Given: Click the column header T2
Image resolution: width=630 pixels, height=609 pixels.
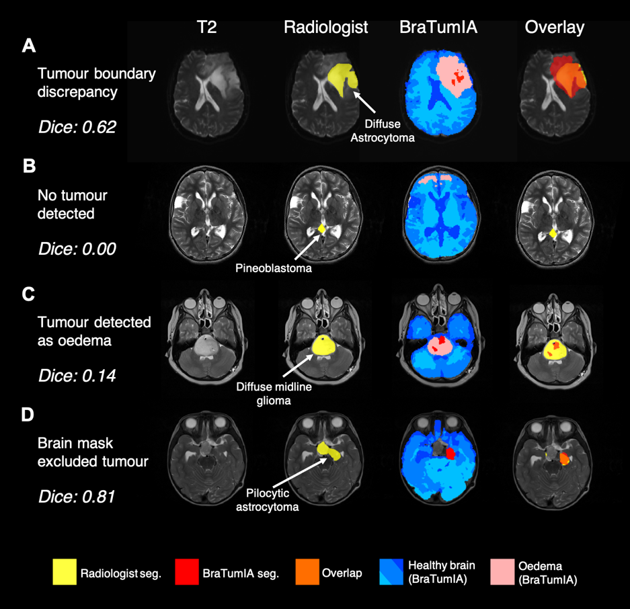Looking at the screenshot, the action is [207, 27].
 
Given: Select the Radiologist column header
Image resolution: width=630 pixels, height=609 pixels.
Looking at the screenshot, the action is [326, 27].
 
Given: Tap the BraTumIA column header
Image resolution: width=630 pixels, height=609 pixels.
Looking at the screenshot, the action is [438, 27].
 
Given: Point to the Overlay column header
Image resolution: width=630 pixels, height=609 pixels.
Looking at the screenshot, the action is [555, 27].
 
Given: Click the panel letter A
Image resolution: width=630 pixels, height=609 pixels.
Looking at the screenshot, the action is [29, 46].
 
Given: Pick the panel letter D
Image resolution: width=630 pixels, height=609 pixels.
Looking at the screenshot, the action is [28, 415].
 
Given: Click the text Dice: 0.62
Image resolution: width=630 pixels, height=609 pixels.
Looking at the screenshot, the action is [77, 126].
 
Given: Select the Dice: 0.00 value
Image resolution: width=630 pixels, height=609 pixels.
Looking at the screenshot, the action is [77, 249].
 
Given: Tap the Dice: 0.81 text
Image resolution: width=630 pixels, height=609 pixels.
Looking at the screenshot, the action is [77, 497].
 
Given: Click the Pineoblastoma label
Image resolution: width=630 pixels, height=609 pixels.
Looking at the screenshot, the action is [273, 268].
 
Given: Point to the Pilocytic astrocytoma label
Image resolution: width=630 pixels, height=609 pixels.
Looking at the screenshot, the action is [268, 500].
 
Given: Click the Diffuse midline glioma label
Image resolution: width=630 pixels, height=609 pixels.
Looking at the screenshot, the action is [274, 393].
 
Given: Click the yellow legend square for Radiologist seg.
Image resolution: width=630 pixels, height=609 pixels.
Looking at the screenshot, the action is [65, 572].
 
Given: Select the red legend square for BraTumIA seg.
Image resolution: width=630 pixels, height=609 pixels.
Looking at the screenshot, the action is [186, 572].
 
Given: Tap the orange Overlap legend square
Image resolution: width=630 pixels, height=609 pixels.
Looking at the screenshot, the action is [307, 572].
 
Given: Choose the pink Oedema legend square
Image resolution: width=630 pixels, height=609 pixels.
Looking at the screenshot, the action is [502, 572].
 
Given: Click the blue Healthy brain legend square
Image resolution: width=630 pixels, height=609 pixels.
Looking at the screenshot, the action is [391, 572].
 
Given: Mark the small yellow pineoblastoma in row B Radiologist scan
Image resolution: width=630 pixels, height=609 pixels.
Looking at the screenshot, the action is [321, 229].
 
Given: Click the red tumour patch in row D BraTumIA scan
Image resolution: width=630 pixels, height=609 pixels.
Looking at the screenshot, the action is [450, 454].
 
